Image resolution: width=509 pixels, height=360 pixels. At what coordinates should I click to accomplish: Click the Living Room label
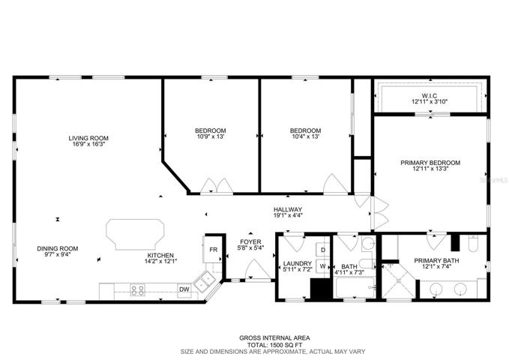coord(88,138)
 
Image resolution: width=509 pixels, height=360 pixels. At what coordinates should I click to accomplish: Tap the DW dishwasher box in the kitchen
coord(184,289)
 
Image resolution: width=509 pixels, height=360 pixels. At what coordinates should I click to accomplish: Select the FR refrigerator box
coord(213,249)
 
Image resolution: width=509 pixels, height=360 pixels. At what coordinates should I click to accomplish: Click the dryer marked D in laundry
coord(323,250)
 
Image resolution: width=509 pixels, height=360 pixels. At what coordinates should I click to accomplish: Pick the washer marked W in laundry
coord(323,266)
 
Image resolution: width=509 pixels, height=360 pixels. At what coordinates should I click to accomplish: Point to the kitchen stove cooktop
coord(137,289)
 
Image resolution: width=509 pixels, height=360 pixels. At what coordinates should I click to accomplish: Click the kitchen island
coord(135,235)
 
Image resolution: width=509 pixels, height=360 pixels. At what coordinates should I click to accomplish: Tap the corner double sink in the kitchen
coord(205,280)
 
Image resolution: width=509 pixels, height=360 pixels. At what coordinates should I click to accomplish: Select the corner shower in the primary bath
coord(398,280)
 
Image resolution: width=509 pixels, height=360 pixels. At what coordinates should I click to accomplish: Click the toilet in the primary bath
coord(473,243)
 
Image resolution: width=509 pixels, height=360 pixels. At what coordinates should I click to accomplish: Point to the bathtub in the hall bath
coord(356,287)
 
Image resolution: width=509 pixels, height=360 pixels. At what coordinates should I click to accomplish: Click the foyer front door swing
coord(257,270)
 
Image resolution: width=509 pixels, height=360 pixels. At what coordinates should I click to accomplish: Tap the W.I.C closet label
coord(430,96)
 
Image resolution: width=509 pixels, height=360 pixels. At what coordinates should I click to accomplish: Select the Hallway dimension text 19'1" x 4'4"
coord(288,214)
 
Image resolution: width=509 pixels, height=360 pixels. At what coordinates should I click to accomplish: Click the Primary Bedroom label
coord(430,163)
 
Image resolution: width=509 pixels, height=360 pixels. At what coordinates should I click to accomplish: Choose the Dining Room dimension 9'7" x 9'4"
coord(58,254)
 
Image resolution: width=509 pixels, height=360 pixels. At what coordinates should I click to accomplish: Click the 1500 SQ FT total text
coord(275,345)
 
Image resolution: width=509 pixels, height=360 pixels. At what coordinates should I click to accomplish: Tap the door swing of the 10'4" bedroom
coord(335,184)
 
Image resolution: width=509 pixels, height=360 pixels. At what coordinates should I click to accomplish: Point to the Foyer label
coord(250,242)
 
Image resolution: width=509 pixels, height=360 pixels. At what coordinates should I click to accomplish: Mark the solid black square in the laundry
coord(322,289)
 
